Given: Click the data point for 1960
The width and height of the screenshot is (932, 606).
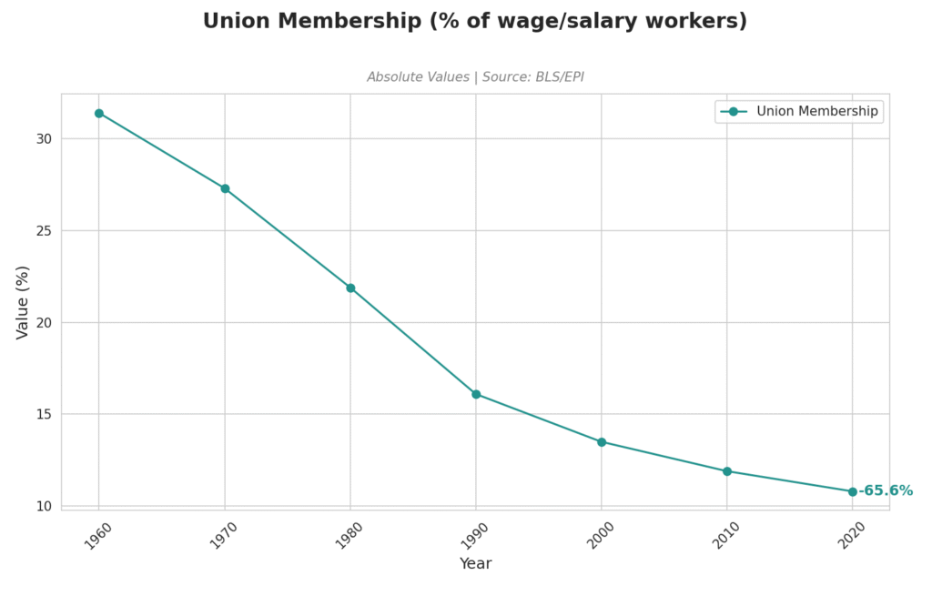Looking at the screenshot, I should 99,114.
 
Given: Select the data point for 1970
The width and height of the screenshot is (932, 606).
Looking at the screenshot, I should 225,188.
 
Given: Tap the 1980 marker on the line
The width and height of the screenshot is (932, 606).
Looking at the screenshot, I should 350,288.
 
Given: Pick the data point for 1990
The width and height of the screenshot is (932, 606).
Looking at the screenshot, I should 476,394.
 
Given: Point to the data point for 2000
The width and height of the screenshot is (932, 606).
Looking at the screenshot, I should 602,442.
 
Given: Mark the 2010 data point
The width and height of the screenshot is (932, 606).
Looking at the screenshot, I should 727,471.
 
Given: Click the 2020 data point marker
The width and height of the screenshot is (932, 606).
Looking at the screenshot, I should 853,491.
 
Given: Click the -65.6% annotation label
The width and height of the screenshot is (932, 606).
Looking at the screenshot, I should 886,491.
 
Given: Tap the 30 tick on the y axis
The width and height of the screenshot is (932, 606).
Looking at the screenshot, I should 45,139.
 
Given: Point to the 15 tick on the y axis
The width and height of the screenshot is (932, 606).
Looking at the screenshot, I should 45,414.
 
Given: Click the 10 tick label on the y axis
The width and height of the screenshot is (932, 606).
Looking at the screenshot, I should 45,506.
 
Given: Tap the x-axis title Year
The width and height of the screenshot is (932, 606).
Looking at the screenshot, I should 475,564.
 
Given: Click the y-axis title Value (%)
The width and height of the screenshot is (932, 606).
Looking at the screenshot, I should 23,302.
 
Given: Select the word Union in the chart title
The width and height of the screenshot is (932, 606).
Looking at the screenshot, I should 232,21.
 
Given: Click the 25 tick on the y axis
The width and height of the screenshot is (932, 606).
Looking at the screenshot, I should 45,231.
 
